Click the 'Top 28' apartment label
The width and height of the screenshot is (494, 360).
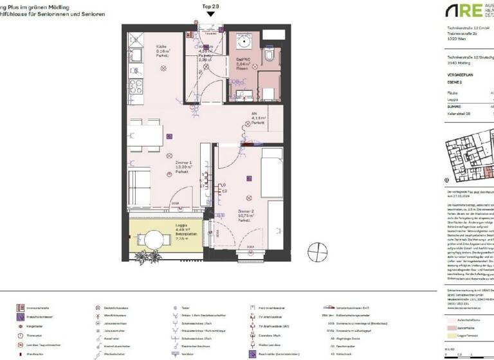pos(210,6)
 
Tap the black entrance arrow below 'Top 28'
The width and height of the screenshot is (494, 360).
pos(210,14)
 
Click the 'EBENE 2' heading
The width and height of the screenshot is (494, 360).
pos(455,83)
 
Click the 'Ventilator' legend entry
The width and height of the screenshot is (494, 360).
pos(188,354)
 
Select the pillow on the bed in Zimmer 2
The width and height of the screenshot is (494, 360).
pos(271,154)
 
